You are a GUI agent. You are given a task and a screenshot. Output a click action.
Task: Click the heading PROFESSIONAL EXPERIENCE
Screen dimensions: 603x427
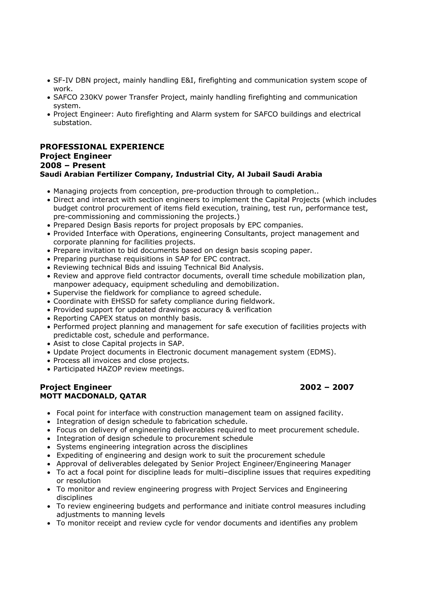tap(102, 147)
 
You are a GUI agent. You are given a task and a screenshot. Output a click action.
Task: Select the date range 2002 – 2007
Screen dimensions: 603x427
tap(327, 387)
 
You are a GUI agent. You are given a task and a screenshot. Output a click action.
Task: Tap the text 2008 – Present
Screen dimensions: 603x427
tap(73, 165)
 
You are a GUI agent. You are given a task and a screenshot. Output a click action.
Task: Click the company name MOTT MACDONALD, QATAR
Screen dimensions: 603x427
tap(93, 396)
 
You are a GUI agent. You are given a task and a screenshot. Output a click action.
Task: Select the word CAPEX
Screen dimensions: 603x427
tap(101, 318)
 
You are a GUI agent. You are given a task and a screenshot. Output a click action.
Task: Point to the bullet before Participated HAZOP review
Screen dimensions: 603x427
tap(49, 369)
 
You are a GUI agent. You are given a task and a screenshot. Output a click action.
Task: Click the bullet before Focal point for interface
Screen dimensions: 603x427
tap(49, 413)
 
